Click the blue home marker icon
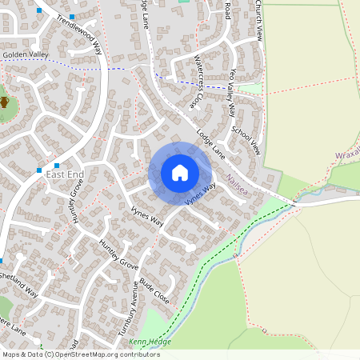click(x=180, y=173)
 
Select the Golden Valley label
click(x=26, y=54)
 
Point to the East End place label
click(x=65, y=174)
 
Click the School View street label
click(x=246, y=139)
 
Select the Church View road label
click(x=258, y=20)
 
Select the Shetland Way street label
click(x=19, y=284)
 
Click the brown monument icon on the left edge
click(x=4, y=102)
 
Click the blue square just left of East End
click(x=39, y=170)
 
